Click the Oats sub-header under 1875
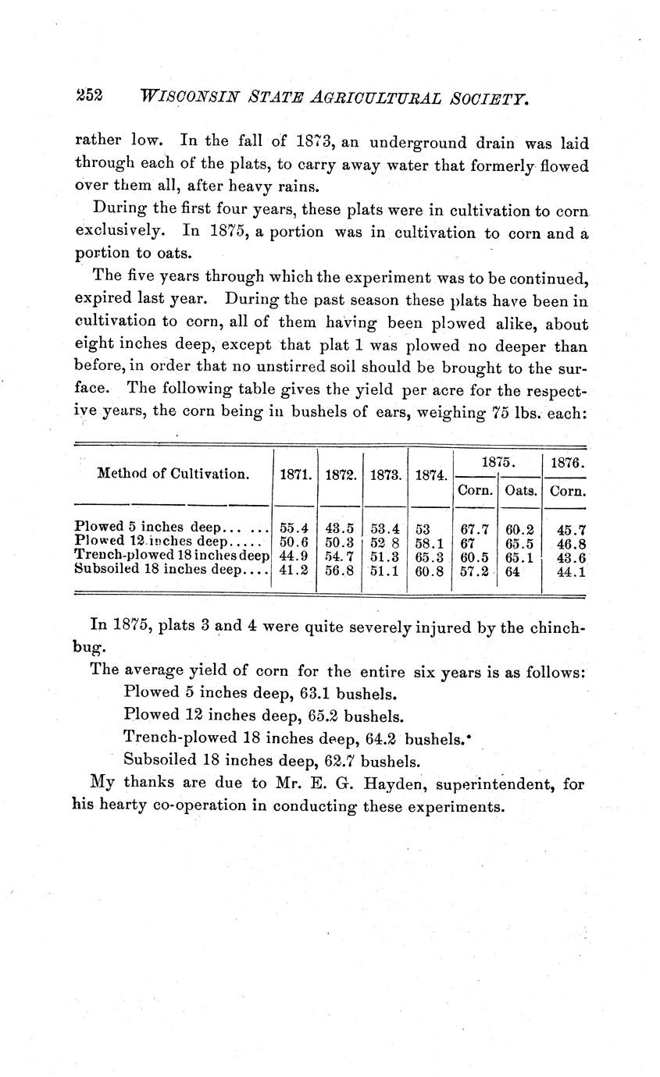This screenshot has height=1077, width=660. tap(519, 491)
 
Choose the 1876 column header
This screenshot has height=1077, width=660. tap(564, 464)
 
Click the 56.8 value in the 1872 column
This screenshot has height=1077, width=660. tap(339, 570)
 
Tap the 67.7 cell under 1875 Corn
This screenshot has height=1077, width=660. tap(475, 529)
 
